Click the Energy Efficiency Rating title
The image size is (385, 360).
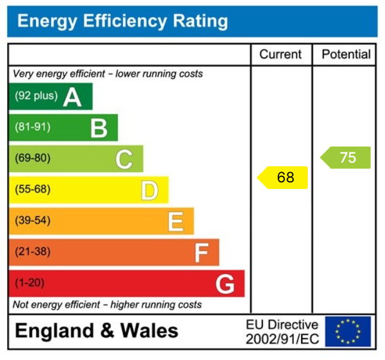123,22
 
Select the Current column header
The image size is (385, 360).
280,54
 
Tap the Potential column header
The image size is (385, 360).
346,54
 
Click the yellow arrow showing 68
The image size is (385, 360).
283,178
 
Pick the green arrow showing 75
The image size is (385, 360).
346,157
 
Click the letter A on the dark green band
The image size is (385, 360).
72,96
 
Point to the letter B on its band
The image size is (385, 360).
99,127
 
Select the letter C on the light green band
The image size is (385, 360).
124,159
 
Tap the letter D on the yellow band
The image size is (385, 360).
149,190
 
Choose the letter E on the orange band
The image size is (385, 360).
175,221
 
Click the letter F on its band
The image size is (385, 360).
201,253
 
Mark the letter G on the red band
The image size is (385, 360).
225,284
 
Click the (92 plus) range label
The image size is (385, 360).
37,96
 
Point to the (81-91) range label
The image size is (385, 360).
33,127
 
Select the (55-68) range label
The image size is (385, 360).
33,190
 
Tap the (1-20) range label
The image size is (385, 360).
30,283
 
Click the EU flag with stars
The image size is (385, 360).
348,332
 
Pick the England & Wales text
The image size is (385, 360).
96,331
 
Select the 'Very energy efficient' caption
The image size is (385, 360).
108,74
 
